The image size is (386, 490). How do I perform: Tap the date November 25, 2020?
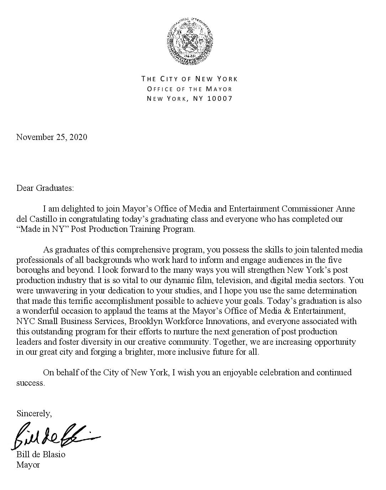(52, 137)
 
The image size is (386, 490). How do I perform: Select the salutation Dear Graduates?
(45, 188)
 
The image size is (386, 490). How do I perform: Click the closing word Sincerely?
(34, 413)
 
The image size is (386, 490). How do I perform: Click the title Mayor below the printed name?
(28, 465)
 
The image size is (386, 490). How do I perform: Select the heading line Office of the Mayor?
(190, 89)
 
